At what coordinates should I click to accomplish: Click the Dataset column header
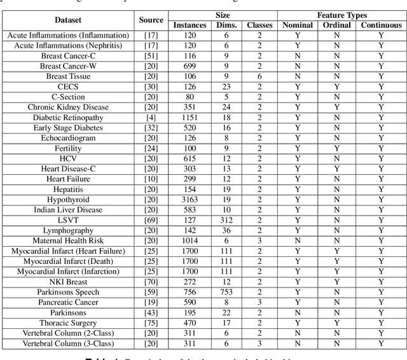coord(68,20)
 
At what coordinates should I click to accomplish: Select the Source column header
coord(151,20)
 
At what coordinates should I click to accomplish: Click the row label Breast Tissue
coord(68,76)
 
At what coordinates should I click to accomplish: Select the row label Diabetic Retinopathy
coord(68,117)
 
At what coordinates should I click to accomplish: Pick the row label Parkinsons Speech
coord(68,293)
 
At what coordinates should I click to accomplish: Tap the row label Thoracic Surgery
coord(68,323)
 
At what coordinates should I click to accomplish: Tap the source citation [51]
coord(151,56)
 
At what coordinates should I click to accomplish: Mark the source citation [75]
coord(151,323)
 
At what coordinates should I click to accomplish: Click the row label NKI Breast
coord(68,282)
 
